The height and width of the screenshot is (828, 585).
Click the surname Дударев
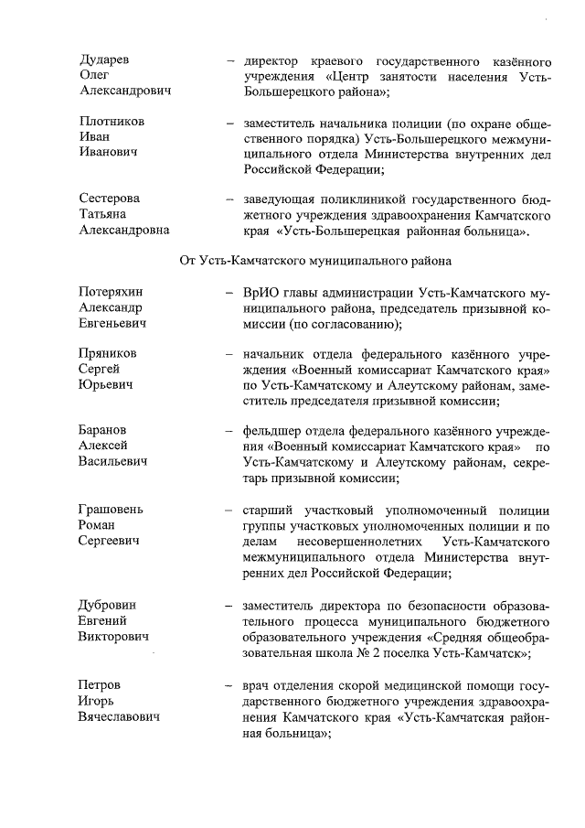104,59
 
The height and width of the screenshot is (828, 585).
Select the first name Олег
94,76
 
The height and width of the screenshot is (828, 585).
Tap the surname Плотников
112,122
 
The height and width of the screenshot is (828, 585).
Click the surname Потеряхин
112,292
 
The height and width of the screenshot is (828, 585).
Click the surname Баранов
103,431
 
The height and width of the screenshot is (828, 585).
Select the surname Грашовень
112,510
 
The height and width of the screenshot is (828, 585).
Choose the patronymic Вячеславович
119,716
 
